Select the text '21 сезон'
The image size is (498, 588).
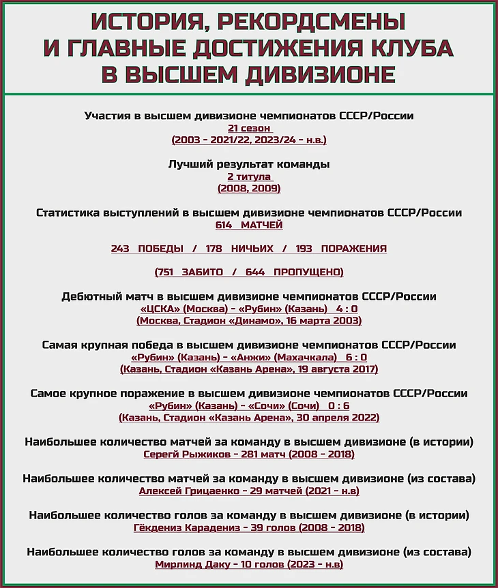[x=249, y=128]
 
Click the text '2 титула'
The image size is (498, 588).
[x=249, y=176]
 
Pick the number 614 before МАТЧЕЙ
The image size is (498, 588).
[x=224, y=225]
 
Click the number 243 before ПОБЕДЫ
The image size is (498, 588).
[x=120, y=249]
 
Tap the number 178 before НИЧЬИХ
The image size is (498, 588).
[x=215, y=249]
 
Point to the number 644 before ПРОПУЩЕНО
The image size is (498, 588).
[x=255, y=272]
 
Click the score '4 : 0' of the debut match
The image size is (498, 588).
[x=347, y=309]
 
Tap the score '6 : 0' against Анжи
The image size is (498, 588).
[x=356, y=357]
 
